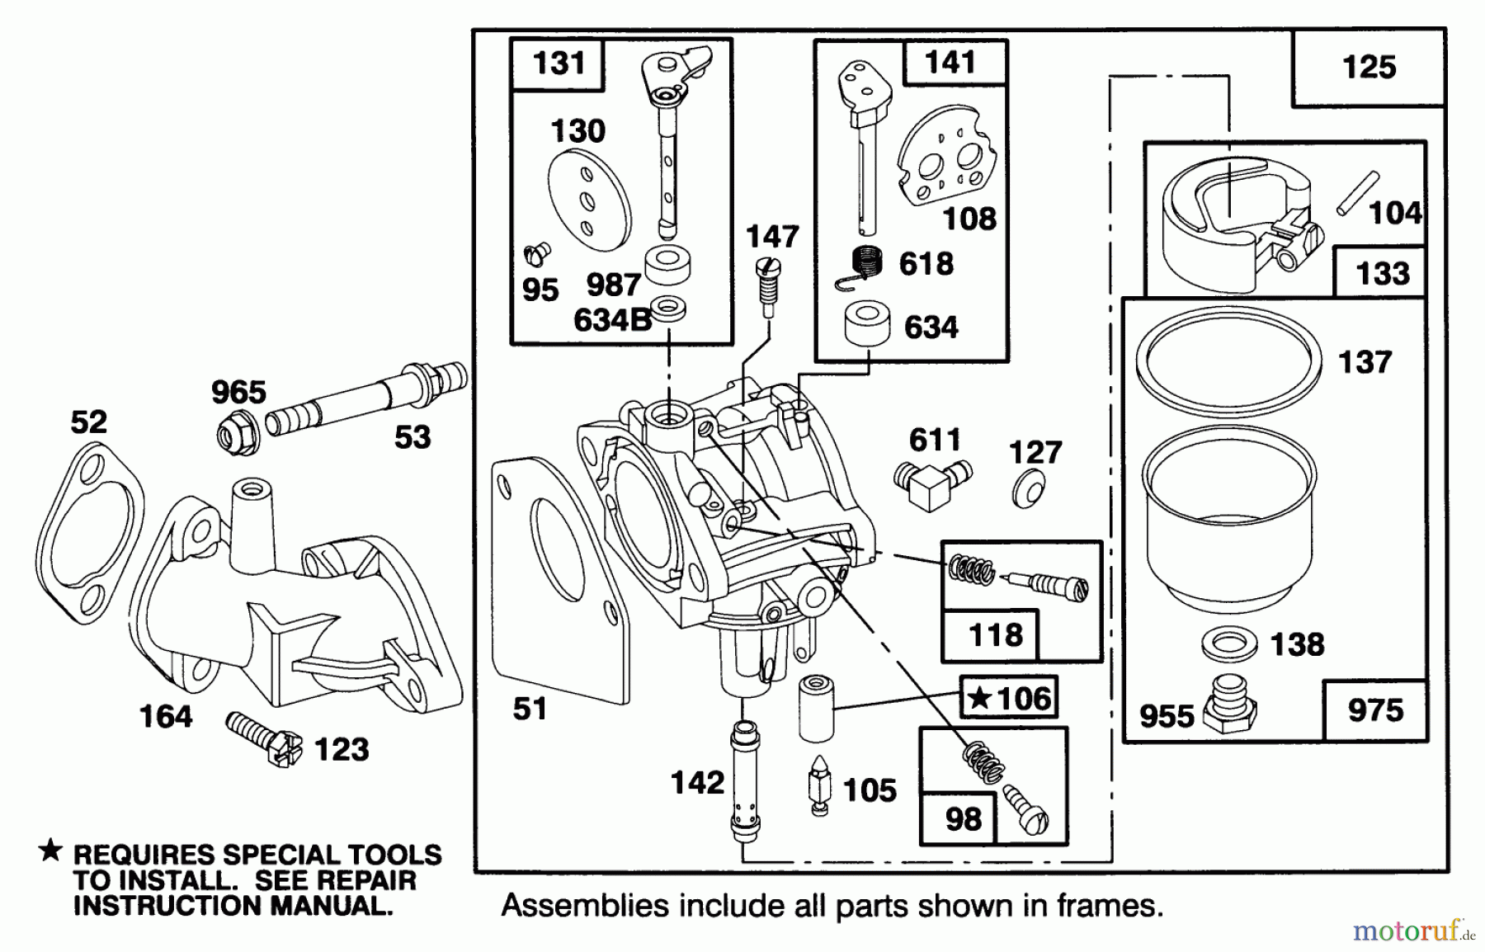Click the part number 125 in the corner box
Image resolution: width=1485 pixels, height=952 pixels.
point(1369,68)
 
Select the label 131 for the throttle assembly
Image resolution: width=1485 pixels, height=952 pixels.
point(559,64)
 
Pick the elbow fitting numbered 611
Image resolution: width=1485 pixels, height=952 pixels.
point(931,484)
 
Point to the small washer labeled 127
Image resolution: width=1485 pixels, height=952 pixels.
point(1029,489)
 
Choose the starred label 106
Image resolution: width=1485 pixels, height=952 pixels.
point(1008,699)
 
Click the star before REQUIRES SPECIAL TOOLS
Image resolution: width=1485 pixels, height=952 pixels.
point(51,850)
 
